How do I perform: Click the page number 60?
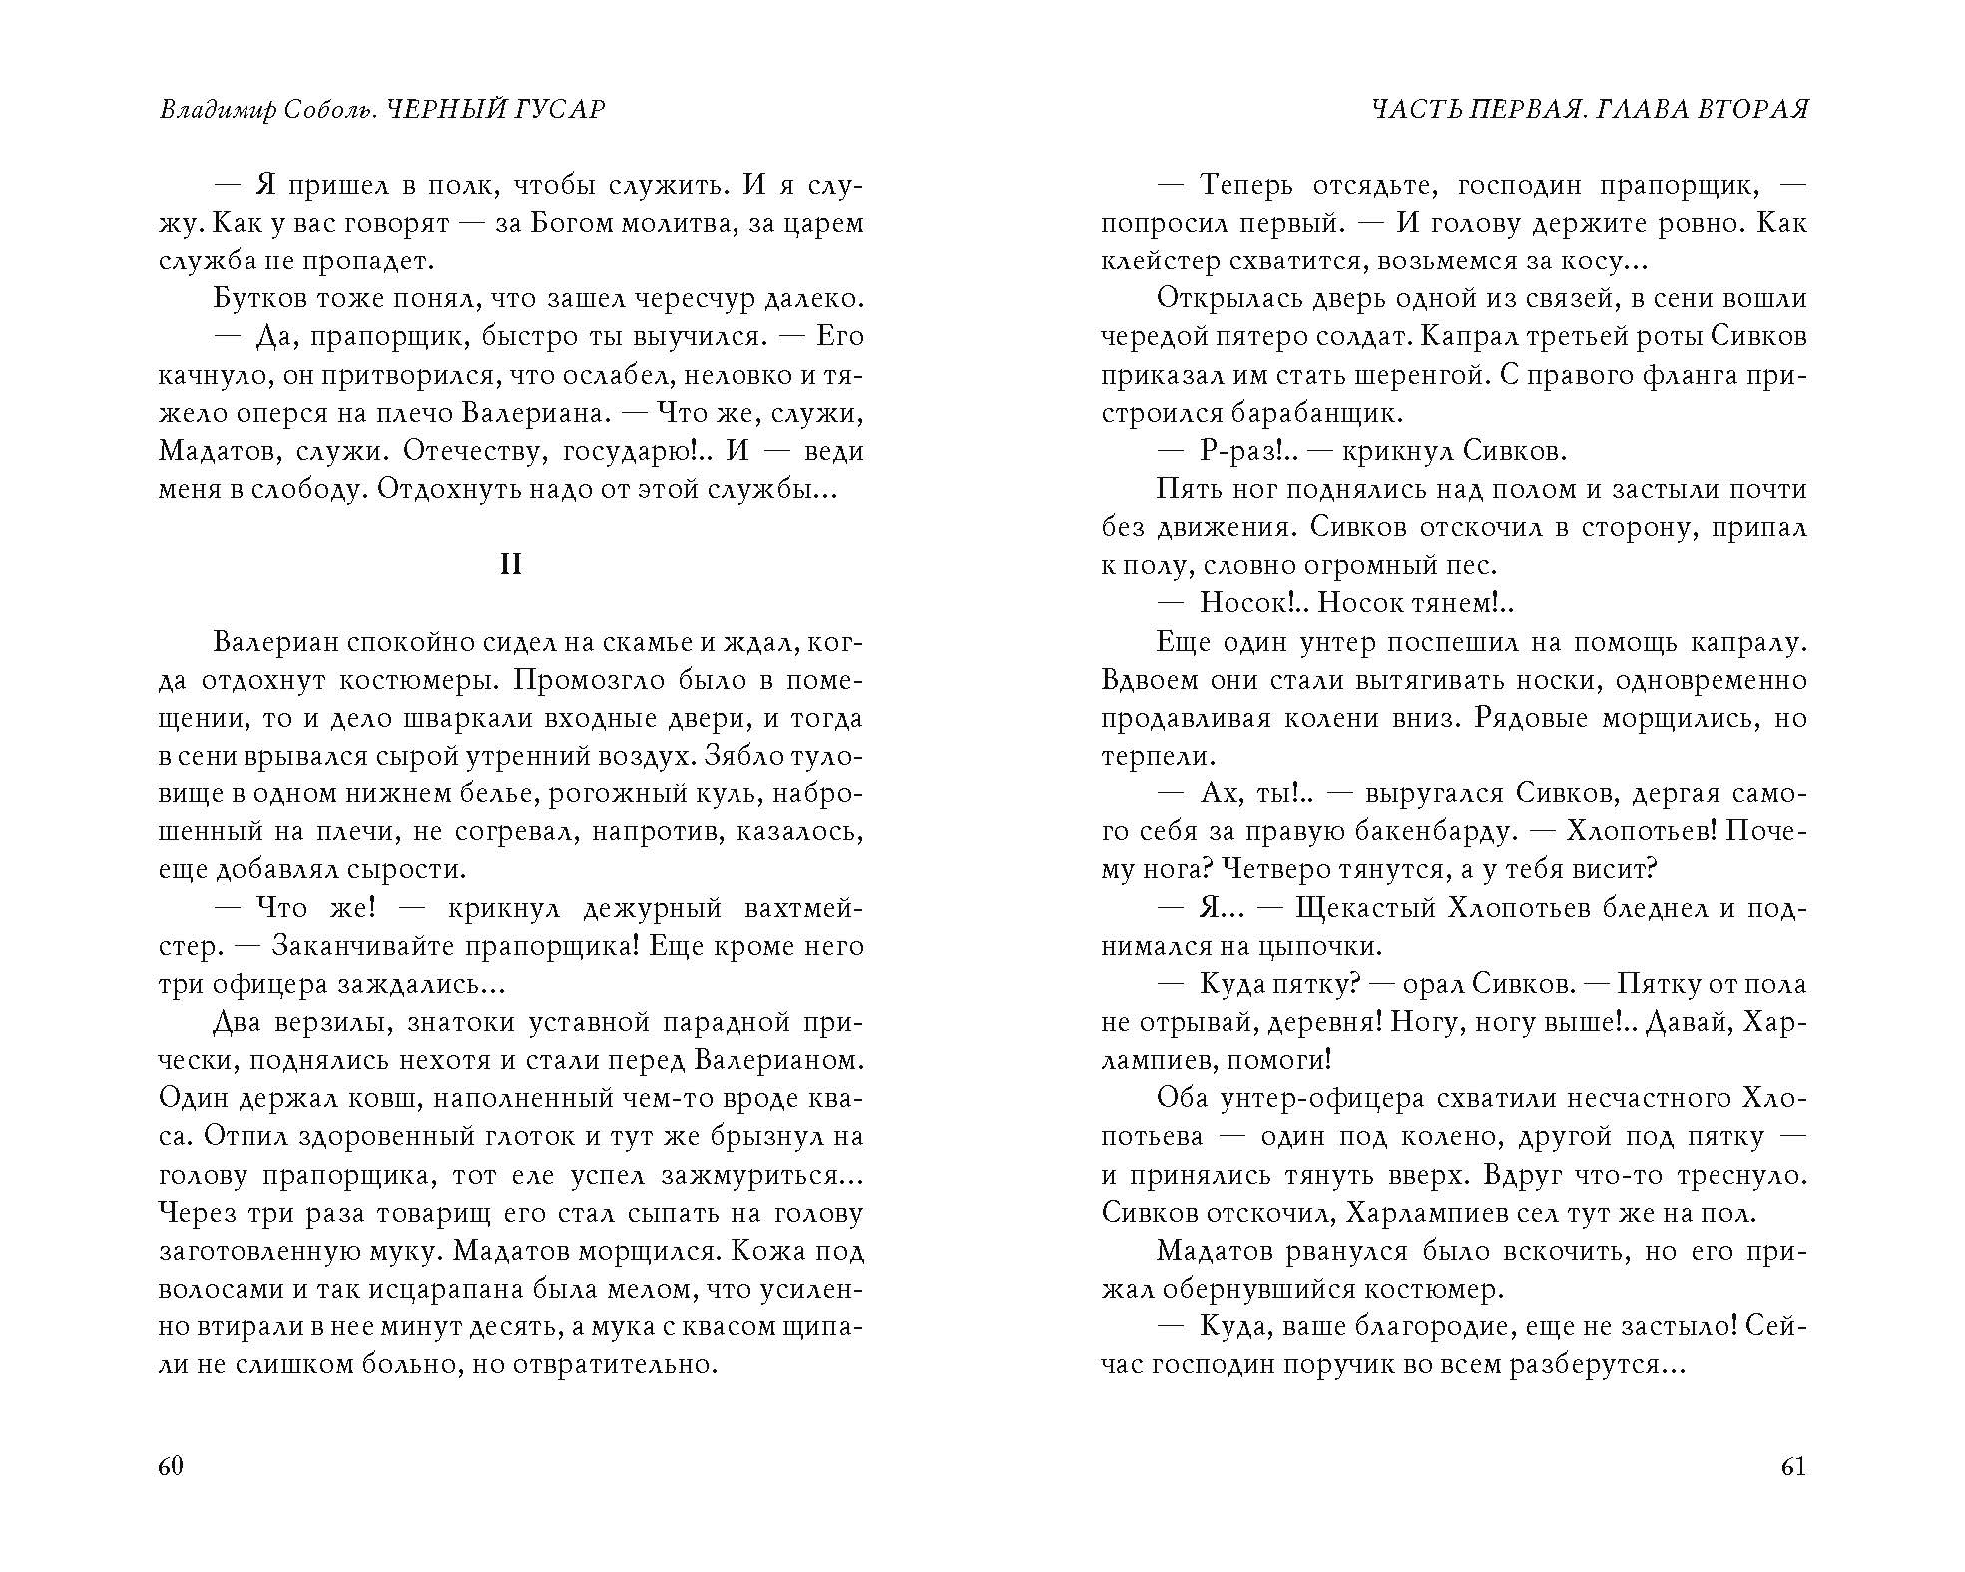pyautogui.click(x=171, y=1466)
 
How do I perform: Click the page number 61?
pyautogui.click(x=1793, y=1466)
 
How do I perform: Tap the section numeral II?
pyautogui.click(x=510, y=565)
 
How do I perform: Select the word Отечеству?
pyautogui.click(x=474, y=451)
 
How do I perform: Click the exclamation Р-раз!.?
pyautogui.click(x=1246, y=451)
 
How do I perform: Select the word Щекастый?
pyautogui.click(x=1363, y=908)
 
